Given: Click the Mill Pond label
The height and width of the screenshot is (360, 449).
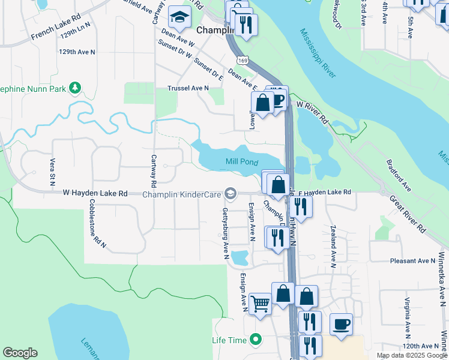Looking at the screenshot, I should click(242, 161).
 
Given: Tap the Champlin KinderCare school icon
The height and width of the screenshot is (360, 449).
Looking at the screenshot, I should click(230, 193).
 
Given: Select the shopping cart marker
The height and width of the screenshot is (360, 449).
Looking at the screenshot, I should click(260, 303).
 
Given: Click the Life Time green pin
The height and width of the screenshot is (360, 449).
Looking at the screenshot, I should click(256, 340).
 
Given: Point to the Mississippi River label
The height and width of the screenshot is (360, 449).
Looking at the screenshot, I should click(318, 53).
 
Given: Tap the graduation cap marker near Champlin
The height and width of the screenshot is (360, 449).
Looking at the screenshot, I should click(179, 18).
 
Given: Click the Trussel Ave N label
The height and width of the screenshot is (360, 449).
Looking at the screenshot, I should click(188, 88).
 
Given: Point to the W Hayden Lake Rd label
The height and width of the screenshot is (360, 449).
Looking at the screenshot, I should click(96, 193).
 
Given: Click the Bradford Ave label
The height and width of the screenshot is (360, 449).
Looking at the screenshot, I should click(397, 175).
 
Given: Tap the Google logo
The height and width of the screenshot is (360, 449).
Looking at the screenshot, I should click(20, 353).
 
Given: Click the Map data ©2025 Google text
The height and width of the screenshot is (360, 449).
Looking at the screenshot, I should click(411, 355).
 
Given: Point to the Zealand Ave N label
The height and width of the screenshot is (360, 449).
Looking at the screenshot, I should click(333, 246).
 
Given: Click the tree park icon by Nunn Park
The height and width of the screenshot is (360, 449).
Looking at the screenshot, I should click(75, 89).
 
